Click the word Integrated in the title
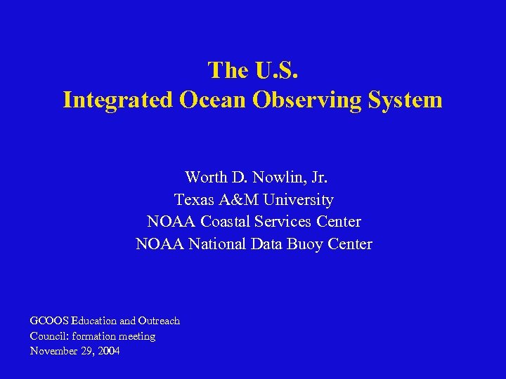click(117, 100)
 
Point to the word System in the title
click(404, 100)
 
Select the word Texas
click(195, 199)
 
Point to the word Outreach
click(160, 321)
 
